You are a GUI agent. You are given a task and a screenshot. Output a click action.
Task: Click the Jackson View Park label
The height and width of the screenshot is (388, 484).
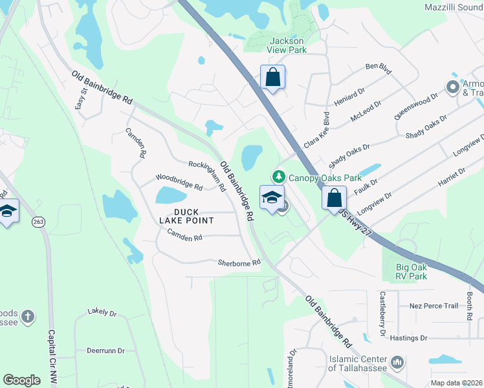pyautogui.click(x=286, y=45)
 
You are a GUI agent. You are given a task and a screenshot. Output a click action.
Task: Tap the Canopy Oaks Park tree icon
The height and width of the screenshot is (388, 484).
pyautogui.click(x=279, y=176)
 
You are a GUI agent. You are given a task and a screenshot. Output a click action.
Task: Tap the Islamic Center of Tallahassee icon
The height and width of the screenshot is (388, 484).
pyautogui.click(x=398, y=363)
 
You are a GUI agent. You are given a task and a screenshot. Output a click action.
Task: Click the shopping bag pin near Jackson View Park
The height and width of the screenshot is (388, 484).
pyautogui.click(x=273, y=77)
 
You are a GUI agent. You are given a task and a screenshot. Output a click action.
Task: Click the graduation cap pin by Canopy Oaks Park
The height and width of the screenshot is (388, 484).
pyautogui.click(x=272, y=197)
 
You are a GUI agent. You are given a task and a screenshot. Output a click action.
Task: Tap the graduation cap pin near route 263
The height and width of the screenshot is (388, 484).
pyautogui.click(x=8, y=211)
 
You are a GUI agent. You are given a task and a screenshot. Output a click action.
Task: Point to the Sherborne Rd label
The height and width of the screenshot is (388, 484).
pyautogui.click(x=239, y=263)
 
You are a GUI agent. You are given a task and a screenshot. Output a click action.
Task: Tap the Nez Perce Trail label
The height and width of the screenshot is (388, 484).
pyautogui.click(x=434, y=305)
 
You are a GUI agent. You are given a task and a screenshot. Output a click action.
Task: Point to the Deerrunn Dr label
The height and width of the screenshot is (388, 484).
pyautogui.click(x=105, y=350)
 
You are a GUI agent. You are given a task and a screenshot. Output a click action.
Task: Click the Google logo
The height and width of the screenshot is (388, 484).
pyautogui.click(x=21, y=380)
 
